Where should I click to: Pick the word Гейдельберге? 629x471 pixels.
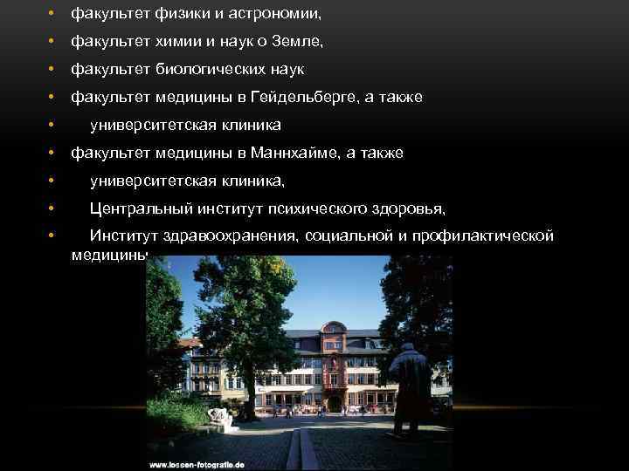pos(302,97)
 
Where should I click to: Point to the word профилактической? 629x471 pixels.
pos(487,236)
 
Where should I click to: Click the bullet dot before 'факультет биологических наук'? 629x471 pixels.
pos(52,69)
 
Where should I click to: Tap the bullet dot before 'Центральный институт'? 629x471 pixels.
pos(52,208)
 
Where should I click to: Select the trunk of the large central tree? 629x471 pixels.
pos(239,384)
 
